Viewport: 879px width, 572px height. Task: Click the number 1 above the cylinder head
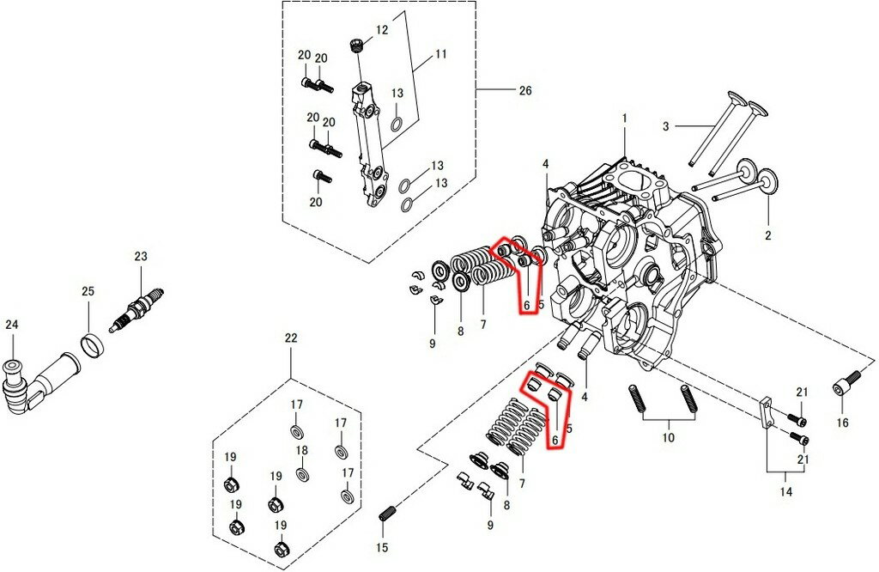(625, 118)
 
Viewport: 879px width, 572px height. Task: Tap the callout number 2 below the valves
(768, 235)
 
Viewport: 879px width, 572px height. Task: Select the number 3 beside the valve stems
(665, 127)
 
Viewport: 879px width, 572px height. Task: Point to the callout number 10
(668, 437)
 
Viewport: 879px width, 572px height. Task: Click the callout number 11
(440, 54)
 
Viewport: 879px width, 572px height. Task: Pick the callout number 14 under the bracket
(786, 493)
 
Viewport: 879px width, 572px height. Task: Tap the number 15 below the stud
(383, 548)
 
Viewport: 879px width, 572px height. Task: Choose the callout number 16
(842, 423)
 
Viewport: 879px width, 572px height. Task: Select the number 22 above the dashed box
(291, 338)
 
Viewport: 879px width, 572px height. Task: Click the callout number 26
(526, 89)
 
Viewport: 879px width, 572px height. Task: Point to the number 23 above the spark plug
(141, 256)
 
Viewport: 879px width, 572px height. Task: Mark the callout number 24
(11, 325)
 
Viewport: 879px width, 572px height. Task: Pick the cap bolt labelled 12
(356, 45)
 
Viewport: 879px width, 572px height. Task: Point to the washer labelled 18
(302, 473)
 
